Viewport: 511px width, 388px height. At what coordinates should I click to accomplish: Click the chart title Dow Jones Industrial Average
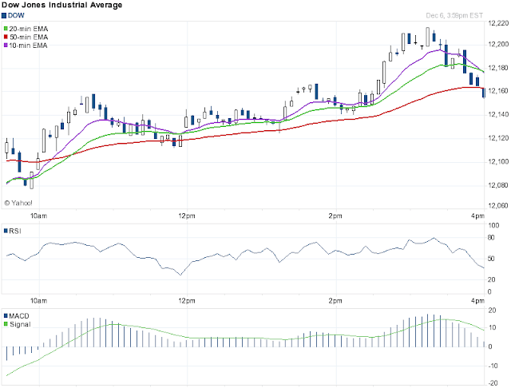pyautogui.click(x=62, y=5)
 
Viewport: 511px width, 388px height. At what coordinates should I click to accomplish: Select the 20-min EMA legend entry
pyautogui.click(x=26, y=29)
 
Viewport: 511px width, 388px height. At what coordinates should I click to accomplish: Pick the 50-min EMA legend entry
pyautogui.click(x=26, y=38)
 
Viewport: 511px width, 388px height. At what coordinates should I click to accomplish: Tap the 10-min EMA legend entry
pyautogui.click(x=26, y=46)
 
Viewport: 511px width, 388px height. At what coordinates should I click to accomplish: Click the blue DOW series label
pyautogui.click(x=13, y=16)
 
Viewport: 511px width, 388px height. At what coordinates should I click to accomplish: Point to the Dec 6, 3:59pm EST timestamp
pyautogui.click(x=454, y=16)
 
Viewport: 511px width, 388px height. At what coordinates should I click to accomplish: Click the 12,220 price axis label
pyautogui.click(x=498, y=23)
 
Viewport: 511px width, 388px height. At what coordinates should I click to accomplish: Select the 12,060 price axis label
pyautogui.click(x=498, y=205)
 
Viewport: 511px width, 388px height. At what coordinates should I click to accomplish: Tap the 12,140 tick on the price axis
pyautogui.click(x=498, y=114)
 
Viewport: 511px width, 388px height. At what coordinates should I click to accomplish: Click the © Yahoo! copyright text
pyautogui.click(x=18, y=203)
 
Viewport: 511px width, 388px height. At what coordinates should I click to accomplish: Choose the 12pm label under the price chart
pyautogui.click(x=187, y=216)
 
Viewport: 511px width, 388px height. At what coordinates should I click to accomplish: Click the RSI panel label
pyautogui.click(x=13, y=231)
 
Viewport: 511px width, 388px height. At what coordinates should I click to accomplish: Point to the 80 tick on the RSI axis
pyautogui.click(x=491, y=237)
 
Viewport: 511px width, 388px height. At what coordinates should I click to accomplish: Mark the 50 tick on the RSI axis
pyautogui.click(x=491, y=259)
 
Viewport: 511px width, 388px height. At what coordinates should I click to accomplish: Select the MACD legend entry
pyautogui.click(x=16, y=316)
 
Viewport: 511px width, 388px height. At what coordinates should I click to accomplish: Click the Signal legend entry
pyautogui.click(x=17, y=324)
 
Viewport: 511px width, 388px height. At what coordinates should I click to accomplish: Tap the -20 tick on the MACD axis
pyautogui.click(x=493, y=383)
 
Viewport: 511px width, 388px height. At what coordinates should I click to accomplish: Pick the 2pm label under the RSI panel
pyautogui.click(x=335, y=301)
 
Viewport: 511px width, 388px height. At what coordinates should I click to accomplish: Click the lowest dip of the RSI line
pyautogui.click(x=180, y=275)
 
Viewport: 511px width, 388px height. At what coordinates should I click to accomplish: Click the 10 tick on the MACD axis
pyautogui.click(x=493, y=328)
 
